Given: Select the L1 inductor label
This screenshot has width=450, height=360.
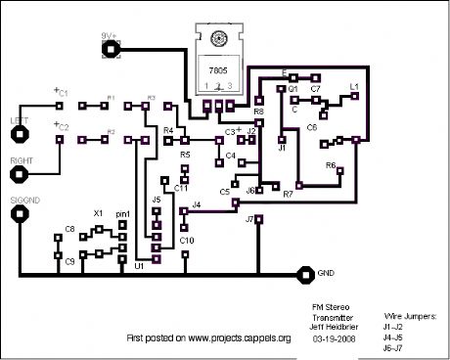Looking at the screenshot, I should [x=354, y=87].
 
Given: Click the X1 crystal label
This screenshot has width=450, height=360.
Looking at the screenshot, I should [x=98, y=212].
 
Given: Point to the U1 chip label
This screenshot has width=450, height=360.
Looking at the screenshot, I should [x=139, y=265].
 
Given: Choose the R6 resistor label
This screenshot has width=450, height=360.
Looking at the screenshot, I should [x=330, y=165].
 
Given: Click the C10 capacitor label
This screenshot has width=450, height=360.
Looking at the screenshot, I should [x=187, y=240].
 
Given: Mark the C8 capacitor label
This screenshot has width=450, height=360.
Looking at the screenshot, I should [x=69, y=230].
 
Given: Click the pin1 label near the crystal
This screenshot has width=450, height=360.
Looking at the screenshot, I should [x=123, y=212].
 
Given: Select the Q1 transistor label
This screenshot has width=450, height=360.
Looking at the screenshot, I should [x=292, y=88].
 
